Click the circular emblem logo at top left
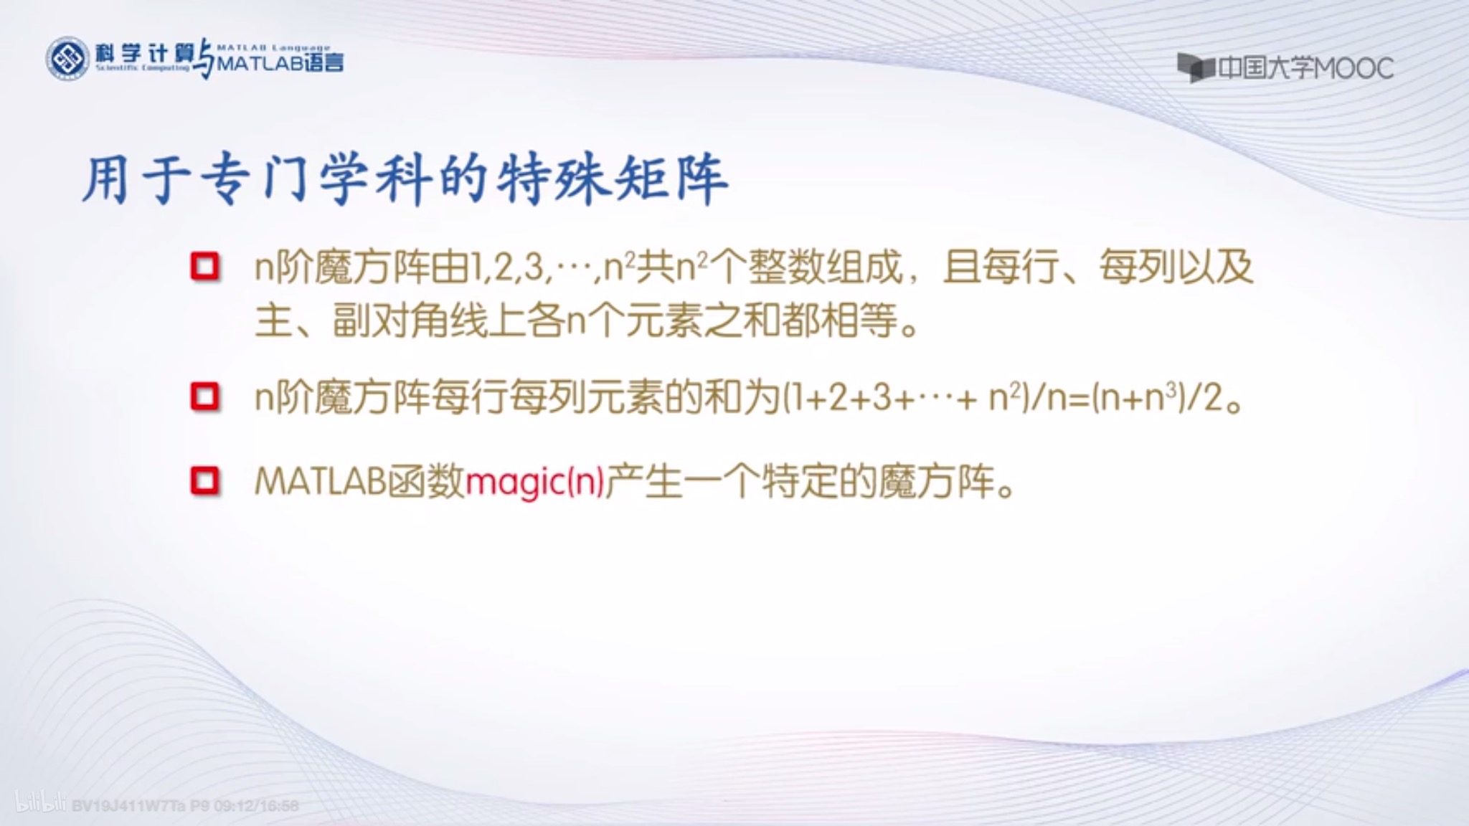[x=67, y=59]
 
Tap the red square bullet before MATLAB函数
[x=205, y=480]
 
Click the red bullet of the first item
[x=205, y=267]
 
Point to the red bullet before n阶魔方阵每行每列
[x=205, y=397]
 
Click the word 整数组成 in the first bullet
[x=825, y=268]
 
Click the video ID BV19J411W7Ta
[x=130, y=806]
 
